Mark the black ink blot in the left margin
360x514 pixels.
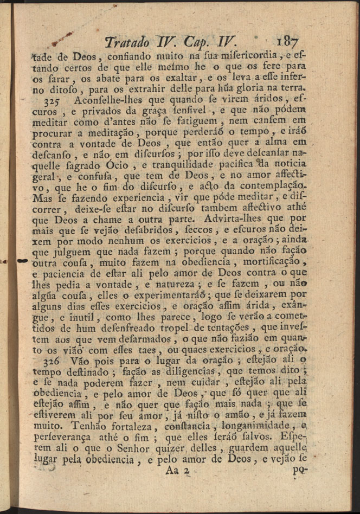click(x=22, y=261)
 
